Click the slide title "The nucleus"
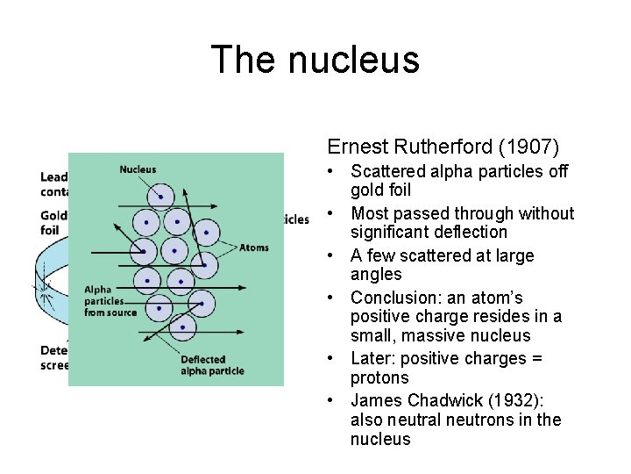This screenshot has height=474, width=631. click(x=315, y=61)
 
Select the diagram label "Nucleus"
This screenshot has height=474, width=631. click(x=138, y=169)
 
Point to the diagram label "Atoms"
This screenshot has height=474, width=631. click(x=253, y=248)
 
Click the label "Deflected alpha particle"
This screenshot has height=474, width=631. click(x=212, y=365)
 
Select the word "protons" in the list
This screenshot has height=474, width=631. click(x=379, y=377)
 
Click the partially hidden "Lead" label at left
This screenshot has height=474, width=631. click(x=53, y=176)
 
